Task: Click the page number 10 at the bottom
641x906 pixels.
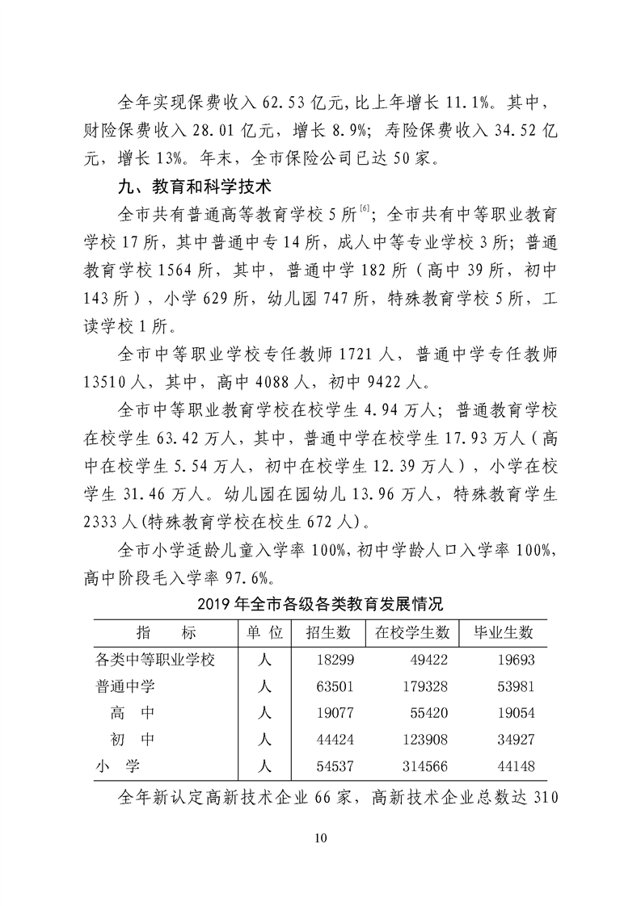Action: (x=321, y=836)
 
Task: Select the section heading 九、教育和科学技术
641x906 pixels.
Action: (x=181, y=188)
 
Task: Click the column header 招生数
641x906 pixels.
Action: (x=328, y=632)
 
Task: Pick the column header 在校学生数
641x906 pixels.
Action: (x=412, y=632)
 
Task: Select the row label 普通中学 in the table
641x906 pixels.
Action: (x=125, y=686)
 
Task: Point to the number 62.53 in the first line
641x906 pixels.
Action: (x=287, y=103)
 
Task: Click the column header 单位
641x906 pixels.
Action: (x=262, y=632)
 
